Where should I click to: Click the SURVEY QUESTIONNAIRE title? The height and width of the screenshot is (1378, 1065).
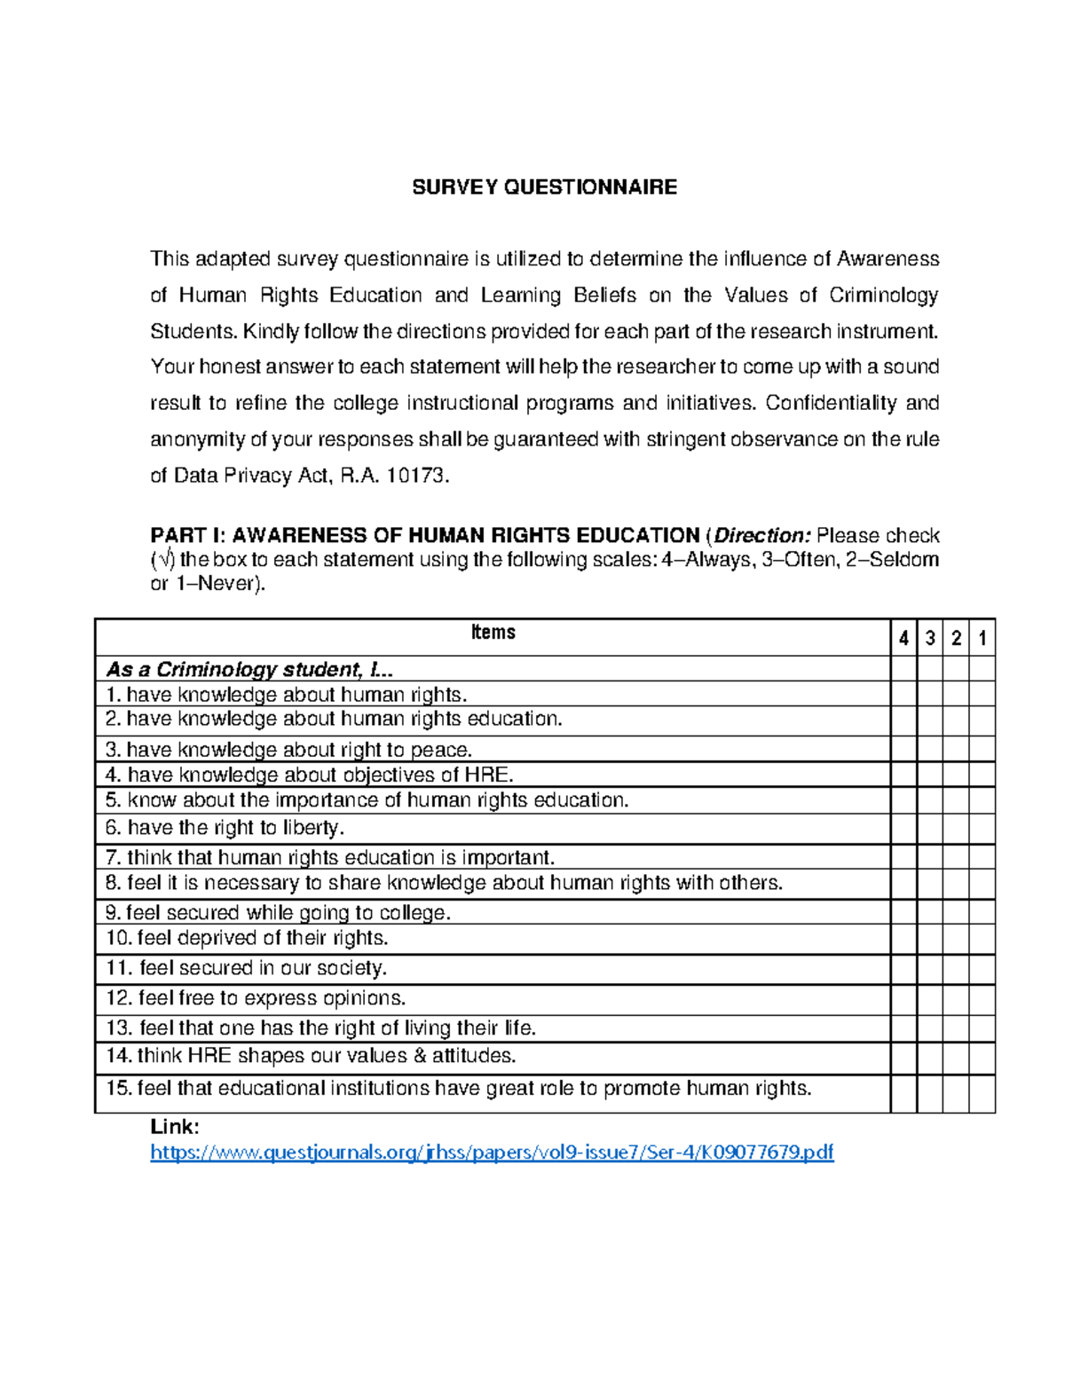tap(544, 187)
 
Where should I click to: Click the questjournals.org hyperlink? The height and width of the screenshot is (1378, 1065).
tap(492, 1153)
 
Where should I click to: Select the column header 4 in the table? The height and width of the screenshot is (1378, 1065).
tap(903, 638)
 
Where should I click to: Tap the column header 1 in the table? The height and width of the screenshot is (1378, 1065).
tap(982, 638)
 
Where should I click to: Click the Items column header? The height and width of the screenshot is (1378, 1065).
tap(493, 633)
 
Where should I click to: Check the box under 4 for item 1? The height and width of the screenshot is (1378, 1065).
tap(903, 694)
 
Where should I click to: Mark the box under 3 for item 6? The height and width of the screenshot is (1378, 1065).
tap(929, 829)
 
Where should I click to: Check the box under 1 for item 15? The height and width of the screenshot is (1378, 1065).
tap(982, 1093)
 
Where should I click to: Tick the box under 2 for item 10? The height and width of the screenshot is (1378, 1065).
tap(956, 940)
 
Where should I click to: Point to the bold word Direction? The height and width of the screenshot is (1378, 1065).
tap(762, 536)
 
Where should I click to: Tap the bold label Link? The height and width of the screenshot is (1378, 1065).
tap(175, 1127)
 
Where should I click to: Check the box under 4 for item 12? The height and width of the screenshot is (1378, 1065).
tap(903, 1000)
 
